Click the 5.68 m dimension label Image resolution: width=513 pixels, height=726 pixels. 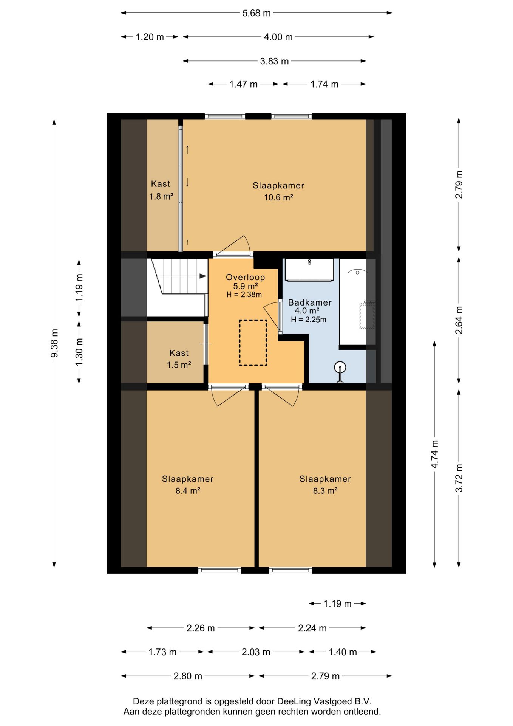tap(256, 13)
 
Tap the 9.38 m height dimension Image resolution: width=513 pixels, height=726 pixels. tap(54, 343)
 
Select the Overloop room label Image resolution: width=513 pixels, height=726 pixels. tap(246, 277)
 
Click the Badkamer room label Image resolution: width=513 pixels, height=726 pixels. tap(310, 302)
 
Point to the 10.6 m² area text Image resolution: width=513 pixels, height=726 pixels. tap(279, 197)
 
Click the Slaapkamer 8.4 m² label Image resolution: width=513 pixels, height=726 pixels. tap(188, 485)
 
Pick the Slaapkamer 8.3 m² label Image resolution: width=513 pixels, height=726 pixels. tap(325, 485)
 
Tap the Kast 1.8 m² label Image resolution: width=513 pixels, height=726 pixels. tap(161, 190)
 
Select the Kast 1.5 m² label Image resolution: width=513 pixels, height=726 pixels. tap(179, 359)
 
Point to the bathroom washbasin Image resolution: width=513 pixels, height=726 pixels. tap(309, 270)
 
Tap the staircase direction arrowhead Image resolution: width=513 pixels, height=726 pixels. tap(203, 276)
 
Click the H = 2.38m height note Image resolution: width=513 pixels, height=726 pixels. tap(244, 295)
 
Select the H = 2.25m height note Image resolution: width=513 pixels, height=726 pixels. tap(309, 320)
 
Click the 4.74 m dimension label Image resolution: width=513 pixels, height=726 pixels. tap(434, 454)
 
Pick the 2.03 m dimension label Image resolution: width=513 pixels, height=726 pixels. tap(256, 652)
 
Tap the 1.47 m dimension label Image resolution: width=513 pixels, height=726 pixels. tap(243, 84)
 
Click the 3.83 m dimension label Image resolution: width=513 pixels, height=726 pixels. tap(274, 61)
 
